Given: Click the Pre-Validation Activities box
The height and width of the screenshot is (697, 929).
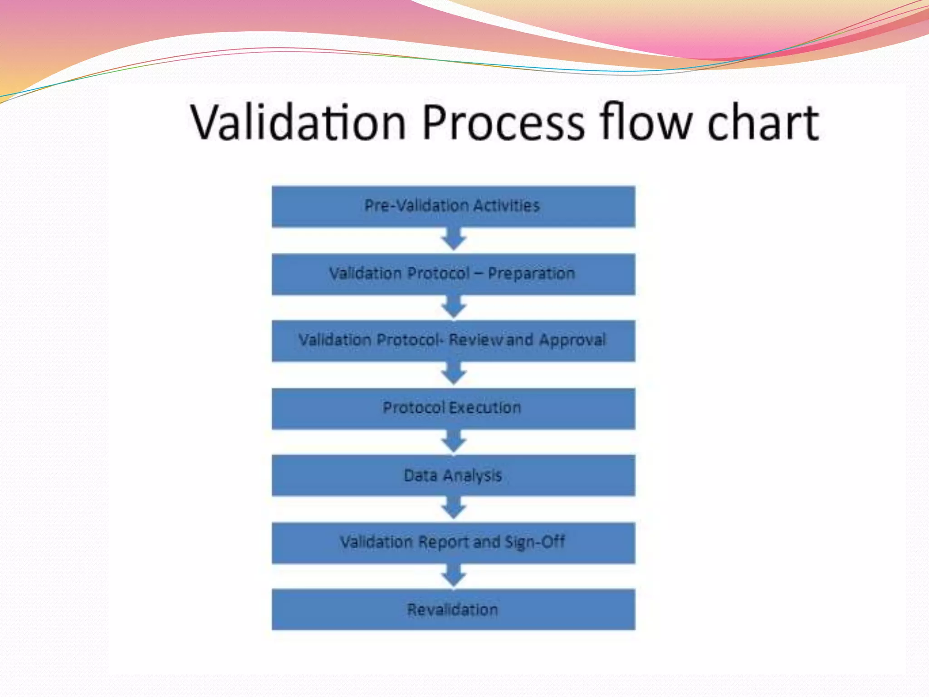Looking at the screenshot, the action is [x=453, y=206].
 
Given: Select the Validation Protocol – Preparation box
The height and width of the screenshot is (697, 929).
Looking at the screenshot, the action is [x=453, y=274].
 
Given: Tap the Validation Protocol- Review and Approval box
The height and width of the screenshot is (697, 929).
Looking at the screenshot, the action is [x=453, y=341].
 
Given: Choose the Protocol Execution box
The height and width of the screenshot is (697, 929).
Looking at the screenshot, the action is [x=453, y=408].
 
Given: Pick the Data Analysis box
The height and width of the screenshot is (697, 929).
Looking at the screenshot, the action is [x=453, y=476].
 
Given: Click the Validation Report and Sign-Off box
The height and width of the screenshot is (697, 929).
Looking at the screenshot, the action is [x=453, y=543].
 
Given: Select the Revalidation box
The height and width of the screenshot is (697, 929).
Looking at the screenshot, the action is [x=453, y=609].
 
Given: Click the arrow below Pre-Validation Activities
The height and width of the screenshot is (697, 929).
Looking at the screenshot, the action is [x=454, y=239].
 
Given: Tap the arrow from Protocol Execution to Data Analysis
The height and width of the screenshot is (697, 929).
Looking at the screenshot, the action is [x=454, y=441].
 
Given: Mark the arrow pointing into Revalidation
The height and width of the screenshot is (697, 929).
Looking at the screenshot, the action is [x=454, y=575].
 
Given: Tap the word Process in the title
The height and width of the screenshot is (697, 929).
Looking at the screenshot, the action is [x=504, y=123].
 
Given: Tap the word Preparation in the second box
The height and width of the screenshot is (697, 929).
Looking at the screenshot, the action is [x=531, y=274].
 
